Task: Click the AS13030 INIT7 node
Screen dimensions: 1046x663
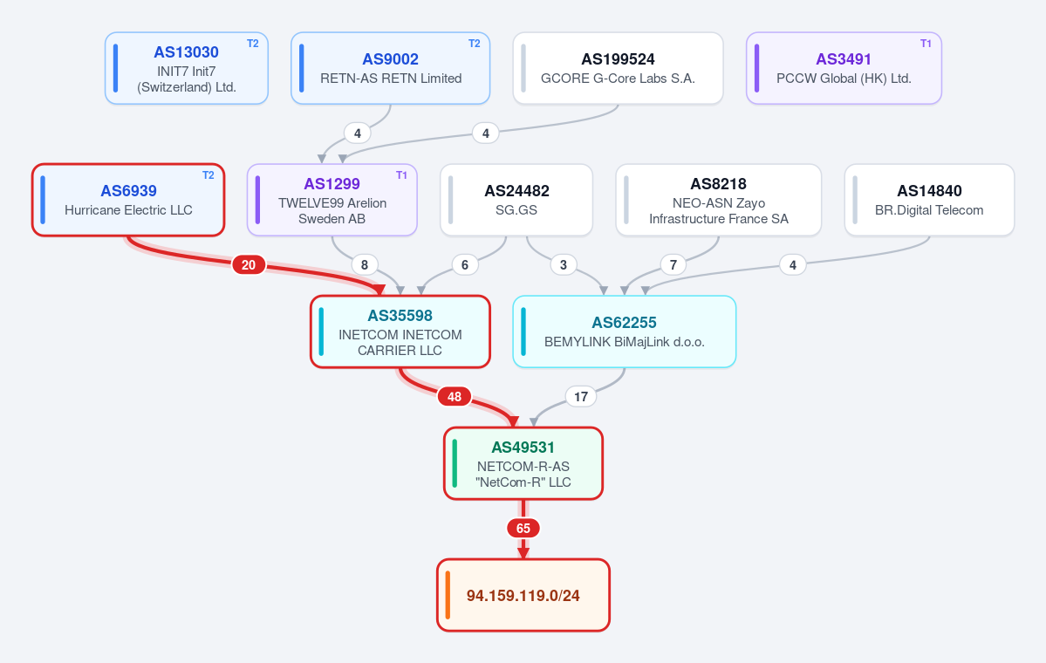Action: [x=186, y=68]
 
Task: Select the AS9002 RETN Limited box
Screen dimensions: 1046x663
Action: [x=390, y=68]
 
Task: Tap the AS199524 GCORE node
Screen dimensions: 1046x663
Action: [x=618, y=68]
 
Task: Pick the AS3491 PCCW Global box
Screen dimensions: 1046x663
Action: [x=844, y=68]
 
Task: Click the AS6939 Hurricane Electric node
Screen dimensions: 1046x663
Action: [x=128, y=200]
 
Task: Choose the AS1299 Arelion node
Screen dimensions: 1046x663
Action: [x=332, y=200]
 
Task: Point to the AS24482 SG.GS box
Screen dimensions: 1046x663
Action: [x=516, y=200]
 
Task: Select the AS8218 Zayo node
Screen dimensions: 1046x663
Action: [x=719, y=200]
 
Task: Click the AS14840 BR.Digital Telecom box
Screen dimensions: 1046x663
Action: [x=929, y=200]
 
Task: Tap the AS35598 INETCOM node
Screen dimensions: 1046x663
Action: [x=400, y=331]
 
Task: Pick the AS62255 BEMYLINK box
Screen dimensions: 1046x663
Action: [x=625, y=331]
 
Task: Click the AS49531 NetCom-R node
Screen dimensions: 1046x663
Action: [x=523, y=463]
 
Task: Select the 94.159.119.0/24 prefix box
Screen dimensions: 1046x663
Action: [x=523, y=595]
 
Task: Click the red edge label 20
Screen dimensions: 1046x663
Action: [x=249, y=265]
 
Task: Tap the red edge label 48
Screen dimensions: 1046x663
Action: [x=455, y=397]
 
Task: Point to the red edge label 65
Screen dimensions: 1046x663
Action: [x=523, y=529]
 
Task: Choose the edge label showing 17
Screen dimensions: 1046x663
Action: [x=581, y=397]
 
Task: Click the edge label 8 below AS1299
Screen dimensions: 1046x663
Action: [x=365, y=265]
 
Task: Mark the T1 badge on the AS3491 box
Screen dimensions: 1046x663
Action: [x=926, y=44]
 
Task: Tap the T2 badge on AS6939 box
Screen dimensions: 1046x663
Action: [x=209, y=175]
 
